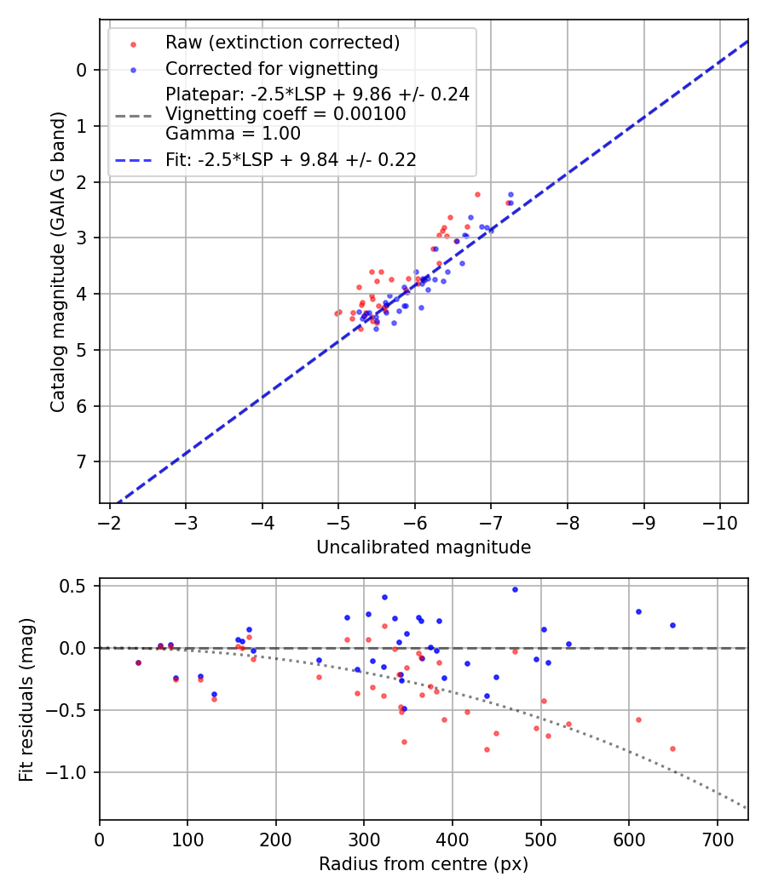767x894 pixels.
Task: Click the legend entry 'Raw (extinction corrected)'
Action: tap(282, 43)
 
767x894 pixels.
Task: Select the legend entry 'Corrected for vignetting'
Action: tap(272, 68)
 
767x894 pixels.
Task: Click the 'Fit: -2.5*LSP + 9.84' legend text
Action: tap(291, 159)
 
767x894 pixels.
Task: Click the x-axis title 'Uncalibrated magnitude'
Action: tap(424, 547)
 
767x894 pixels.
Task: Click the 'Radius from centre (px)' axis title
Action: tap(424, 864)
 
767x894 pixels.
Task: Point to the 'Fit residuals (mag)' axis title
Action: tap(26, 699)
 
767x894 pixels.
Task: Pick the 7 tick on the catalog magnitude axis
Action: tap(82, 461)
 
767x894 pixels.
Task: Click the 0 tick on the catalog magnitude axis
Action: tap(82, 70)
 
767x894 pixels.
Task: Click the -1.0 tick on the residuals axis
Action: tap(71, 772)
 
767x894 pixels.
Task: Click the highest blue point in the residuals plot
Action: tap(515, 589)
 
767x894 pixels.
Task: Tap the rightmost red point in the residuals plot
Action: tap(672, 748)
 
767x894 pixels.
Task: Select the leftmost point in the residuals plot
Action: tap(138, 662)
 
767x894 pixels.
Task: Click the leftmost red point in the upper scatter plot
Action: tap(337, 314)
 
